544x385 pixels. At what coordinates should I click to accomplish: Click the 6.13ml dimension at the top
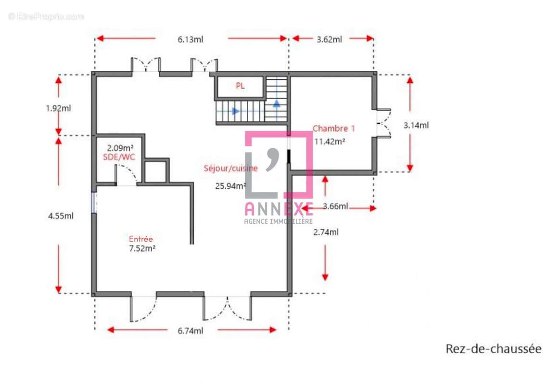[190, 39]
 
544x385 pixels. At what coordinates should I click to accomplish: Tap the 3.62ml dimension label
[329, 39]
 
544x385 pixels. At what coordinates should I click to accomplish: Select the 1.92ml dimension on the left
[58, 108]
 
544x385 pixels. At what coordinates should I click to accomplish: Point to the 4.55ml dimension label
[61, 216]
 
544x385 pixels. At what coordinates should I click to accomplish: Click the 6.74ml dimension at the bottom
[190, 331]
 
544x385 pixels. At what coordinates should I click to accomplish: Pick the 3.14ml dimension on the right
[416, 125]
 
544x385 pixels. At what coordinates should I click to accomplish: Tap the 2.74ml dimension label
[326, 232]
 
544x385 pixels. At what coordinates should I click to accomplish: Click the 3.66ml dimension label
[335, 206]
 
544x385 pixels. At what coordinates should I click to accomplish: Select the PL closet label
[240, 86]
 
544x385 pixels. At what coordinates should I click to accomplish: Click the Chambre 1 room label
[334, 128]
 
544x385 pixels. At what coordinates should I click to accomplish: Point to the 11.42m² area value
[329, 141]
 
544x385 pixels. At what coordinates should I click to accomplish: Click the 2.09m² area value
[120, 148]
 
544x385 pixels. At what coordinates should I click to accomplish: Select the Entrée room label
[141, 239]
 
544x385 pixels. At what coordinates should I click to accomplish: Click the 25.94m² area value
[230, 186]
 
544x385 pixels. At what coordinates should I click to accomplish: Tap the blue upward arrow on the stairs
[277, 103]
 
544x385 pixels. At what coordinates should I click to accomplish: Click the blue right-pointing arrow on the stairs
[235, 111]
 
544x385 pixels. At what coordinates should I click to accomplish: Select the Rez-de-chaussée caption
[493, 348]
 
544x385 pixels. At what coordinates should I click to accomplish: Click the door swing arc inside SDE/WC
[127, 171]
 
